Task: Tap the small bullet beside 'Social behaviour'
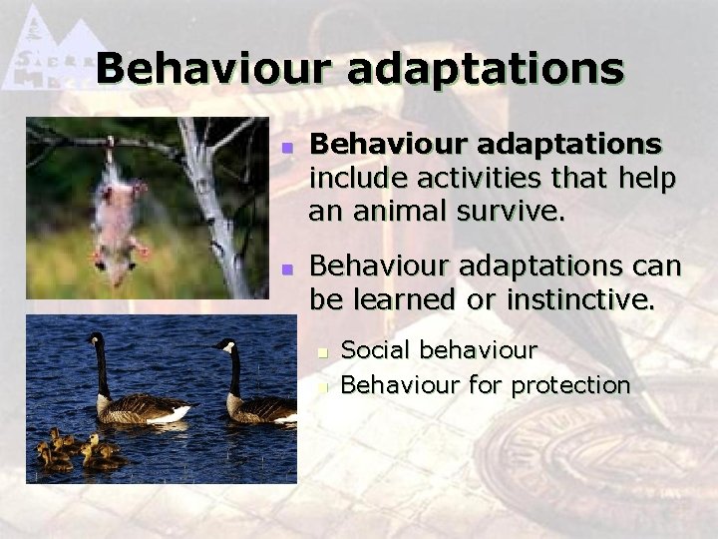[322, 352]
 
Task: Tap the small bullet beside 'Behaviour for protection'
[322, 385]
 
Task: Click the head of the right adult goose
[227, 347]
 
